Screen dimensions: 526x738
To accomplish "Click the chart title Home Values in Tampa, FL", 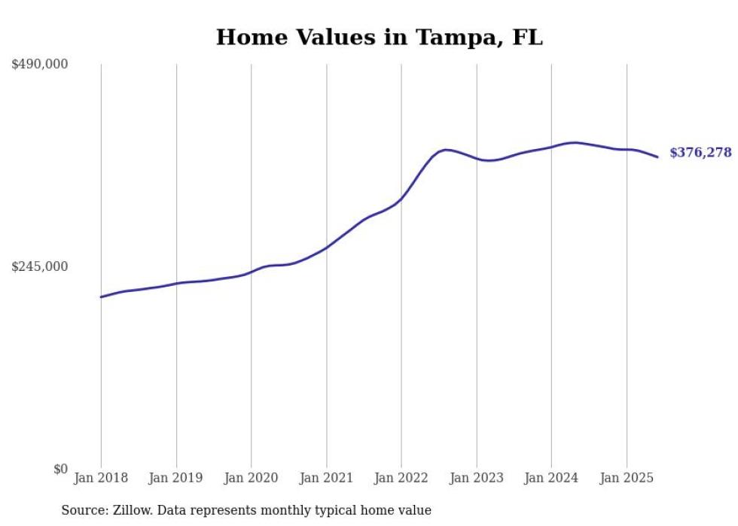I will pos(379,37).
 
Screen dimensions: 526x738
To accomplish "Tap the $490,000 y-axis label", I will pos(40,65).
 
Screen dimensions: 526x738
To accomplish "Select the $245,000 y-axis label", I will pos(40,266).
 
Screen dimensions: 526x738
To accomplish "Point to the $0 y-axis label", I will pos(60,469).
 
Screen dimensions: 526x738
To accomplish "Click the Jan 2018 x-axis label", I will pos(101,478).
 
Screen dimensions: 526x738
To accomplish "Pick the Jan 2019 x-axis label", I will pos(175,478).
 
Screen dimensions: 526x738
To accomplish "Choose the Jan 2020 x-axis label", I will pos(251,478).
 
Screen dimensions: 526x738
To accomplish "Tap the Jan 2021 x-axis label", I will pos(326,478).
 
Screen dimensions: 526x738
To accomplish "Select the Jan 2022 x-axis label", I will pos(401,478).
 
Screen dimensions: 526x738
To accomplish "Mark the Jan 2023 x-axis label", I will pos(476,478).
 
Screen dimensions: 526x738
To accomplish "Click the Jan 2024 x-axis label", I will pos(551,478).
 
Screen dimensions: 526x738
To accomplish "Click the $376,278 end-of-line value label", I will pos(700,153).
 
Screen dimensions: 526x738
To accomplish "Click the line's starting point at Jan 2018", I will pos(101,296).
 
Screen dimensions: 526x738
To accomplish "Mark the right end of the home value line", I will pos(658,157).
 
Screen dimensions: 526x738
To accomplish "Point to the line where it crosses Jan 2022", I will pos(401,199).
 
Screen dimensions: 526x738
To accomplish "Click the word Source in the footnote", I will pos(82,510).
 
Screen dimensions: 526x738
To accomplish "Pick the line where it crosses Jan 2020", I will pos(251,272).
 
